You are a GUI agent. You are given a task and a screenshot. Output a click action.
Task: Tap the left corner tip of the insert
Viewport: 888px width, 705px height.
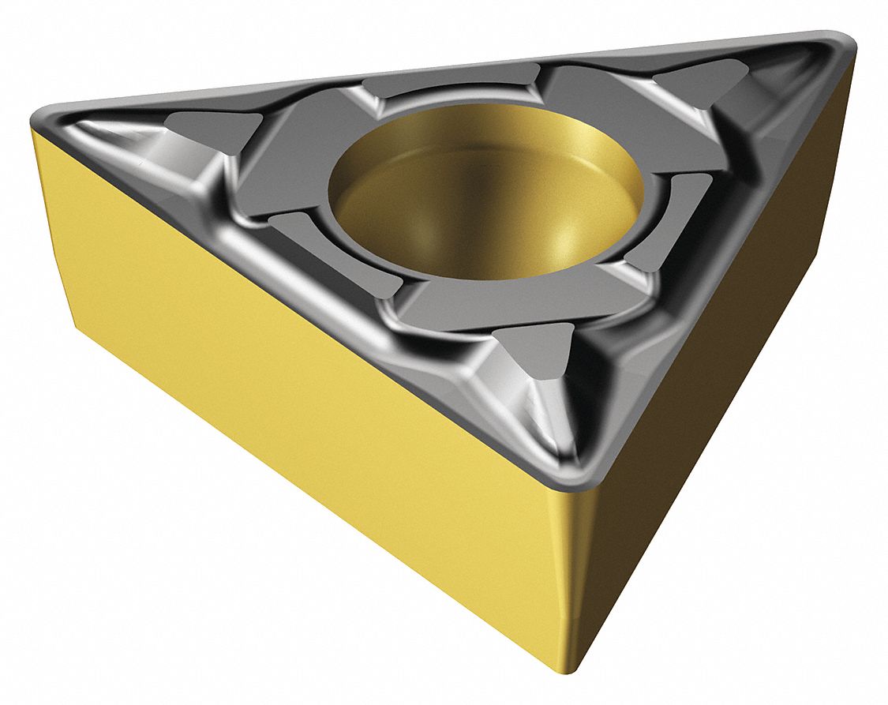coord(38,118)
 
